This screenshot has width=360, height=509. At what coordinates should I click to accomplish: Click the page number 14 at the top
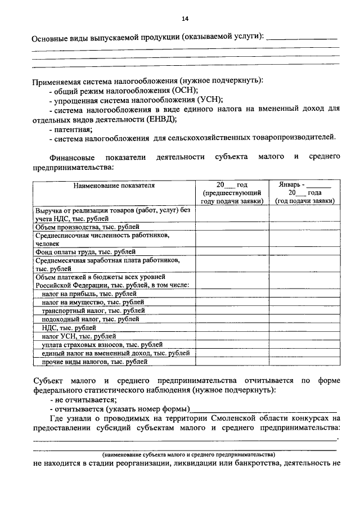[184, 19]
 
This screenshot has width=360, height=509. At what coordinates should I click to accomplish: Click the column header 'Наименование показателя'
[114, 184]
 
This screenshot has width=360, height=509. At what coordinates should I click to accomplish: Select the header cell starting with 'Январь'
[304, 192]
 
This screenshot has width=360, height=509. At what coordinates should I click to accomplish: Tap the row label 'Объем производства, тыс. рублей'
[88, 227]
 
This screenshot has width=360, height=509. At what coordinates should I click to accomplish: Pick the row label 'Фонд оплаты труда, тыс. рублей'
[85, 252]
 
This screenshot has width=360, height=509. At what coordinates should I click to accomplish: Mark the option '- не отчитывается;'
[83, 399]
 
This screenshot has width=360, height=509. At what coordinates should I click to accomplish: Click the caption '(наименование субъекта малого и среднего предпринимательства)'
[187, 454]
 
